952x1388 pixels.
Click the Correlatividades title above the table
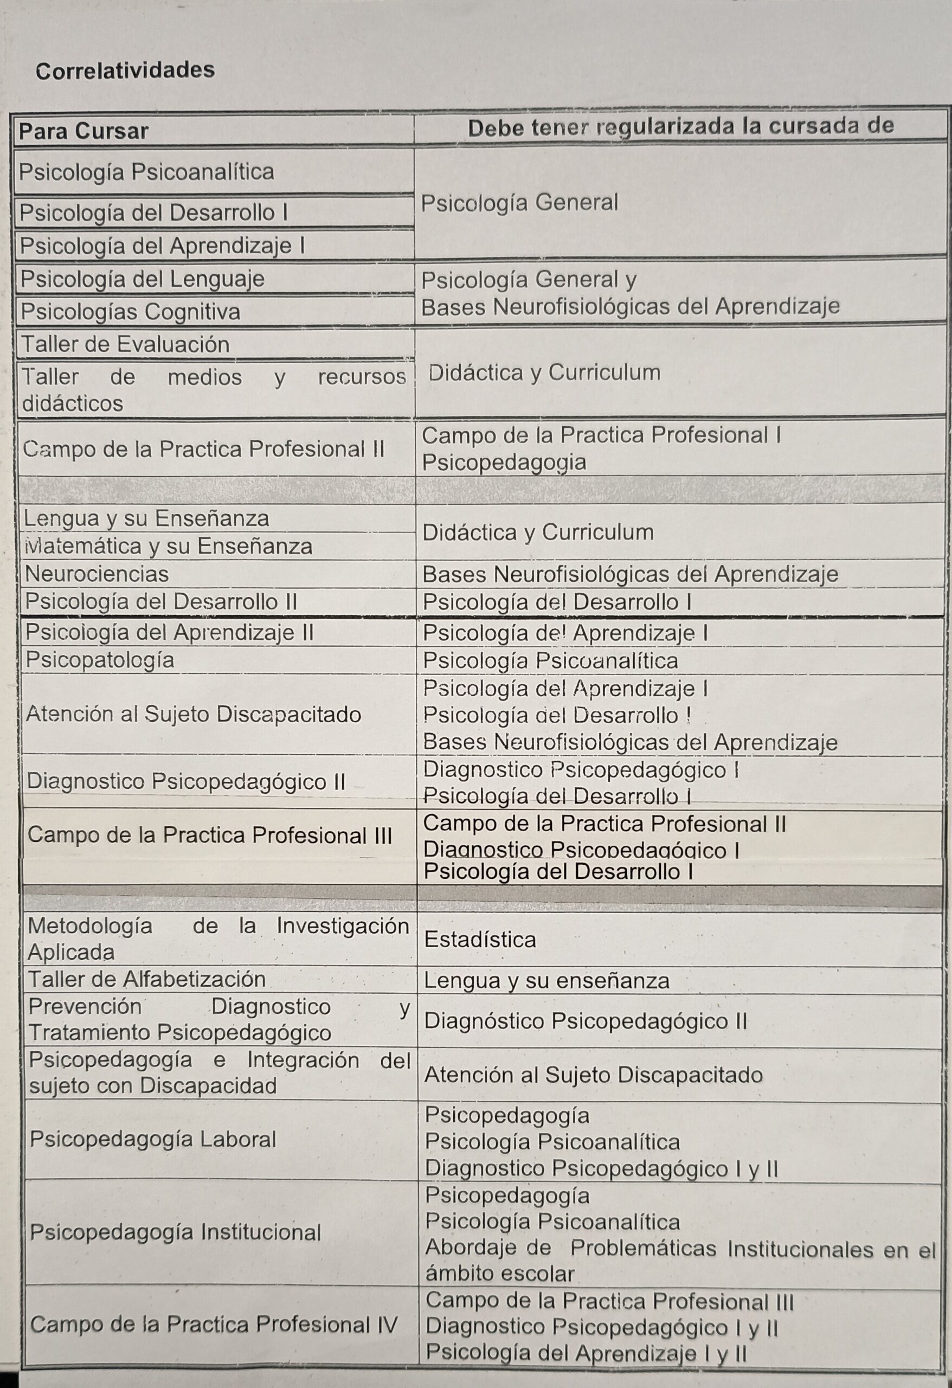[x=125, y=70]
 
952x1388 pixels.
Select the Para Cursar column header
[x=83, y=131]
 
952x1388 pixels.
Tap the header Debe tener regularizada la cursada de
[x=680, y=127]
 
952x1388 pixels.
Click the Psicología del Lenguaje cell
[x=142, y=279]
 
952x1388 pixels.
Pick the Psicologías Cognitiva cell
[x=131, y=311]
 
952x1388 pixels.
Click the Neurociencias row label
[x=97, y=574]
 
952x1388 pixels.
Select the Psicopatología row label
[x=100, y=660]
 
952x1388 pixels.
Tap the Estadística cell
[x=480, y=940]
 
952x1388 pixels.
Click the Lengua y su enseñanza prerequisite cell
[x=546, y=981]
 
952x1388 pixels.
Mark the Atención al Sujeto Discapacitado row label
[x=194, y=714]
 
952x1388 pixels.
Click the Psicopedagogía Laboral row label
[x=153, y=1139]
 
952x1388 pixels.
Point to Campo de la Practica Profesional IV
[x=213, y=1324]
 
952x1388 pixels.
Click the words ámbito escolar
[x=499, y=1274]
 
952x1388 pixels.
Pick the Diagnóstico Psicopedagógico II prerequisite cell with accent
[x=586, y=1021]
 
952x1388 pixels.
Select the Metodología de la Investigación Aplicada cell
[x=218, y=939]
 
